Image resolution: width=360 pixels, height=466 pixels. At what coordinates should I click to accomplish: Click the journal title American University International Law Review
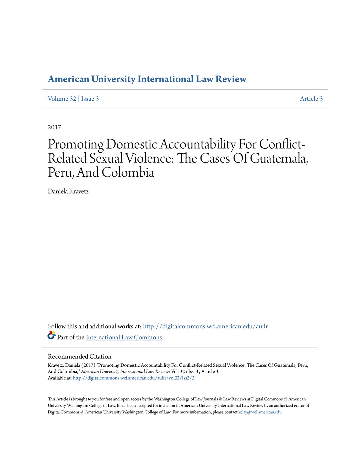coord(147,79)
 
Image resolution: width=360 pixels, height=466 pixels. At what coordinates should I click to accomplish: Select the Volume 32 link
coord(62,99)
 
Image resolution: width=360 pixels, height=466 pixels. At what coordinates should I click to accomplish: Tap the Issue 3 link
coord(90,99)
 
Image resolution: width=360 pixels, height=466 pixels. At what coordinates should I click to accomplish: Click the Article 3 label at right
coord(311,99)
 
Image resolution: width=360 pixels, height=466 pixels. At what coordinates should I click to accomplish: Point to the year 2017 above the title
coord(54,127)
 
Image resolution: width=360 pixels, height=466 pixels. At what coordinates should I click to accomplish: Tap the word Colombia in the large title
coord(128,172)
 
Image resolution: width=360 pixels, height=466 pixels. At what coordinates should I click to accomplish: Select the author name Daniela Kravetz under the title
coord(68,191)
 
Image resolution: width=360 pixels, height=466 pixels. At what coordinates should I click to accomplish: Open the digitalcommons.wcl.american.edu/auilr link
coord(205,326)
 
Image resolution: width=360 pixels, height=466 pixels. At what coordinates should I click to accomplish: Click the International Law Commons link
coord(124,337)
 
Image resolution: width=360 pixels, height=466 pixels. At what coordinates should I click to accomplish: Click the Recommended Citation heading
coord(80,356)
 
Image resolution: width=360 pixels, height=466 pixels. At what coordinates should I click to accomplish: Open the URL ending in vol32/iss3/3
coord(133,378)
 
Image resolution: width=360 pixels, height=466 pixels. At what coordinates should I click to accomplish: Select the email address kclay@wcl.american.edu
coord(260,412)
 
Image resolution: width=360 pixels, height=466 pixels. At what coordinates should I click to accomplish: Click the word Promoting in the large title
coord(76,144)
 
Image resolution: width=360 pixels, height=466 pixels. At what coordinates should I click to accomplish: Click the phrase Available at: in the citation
coord(60,378)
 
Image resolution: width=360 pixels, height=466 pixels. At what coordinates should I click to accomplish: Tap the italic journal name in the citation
coord(125,371)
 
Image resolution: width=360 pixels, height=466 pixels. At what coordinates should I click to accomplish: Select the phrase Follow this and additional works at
coord(94,326)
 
